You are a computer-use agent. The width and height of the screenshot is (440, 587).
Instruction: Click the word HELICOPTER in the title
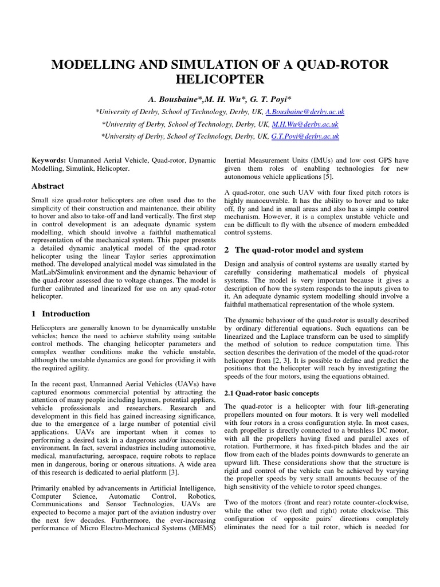pyautogui.click(x=220, y=79)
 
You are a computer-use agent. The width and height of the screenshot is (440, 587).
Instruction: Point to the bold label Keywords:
pyautogui.click(x=49, y=161)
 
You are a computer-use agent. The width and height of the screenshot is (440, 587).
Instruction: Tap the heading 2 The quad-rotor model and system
pyautogui.click(x=293, y=250)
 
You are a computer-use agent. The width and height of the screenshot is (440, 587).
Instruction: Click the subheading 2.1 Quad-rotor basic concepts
pyautogui.click(x=271, y=393)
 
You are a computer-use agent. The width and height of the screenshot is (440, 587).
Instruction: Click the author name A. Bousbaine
pyautogui.click(x=175, y=99)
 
